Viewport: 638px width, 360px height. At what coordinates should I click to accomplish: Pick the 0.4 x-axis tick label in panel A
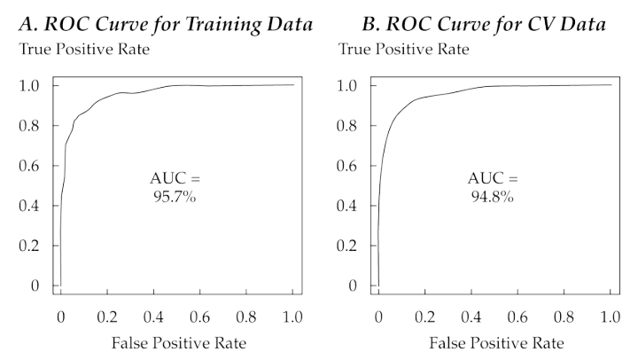[152, 317]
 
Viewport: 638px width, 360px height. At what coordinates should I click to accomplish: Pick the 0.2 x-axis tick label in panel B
[424, 317]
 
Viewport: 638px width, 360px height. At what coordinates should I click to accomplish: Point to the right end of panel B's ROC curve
[611, 85]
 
